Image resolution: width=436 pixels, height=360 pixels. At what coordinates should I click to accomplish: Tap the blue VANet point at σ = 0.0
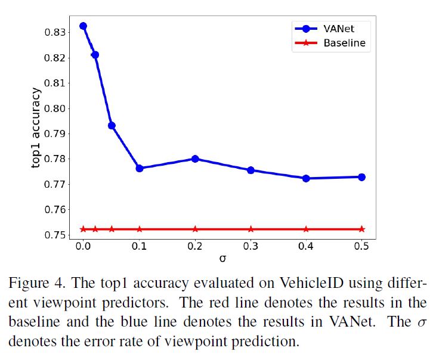(84, 26)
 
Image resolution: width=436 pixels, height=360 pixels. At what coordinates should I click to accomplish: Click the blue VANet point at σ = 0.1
(140, 168)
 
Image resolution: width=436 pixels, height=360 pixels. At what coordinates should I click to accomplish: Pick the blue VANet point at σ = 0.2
(195, 159)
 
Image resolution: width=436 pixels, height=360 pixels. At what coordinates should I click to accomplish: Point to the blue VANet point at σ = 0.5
(361, 177)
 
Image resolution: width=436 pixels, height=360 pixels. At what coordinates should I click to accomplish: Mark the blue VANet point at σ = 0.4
(306, 178)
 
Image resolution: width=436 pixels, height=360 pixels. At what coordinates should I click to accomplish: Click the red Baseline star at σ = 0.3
(251, 229)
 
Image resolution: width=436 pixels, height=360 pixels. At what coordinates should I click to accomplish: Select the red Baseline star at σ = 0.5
(361, 229)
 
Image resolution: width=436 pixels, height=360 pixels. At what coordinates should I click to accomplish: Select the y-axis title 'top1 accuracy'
(37, 128)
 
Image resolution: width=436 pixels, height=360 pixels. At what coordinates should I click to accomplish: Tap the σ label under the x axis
(222, 259)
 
